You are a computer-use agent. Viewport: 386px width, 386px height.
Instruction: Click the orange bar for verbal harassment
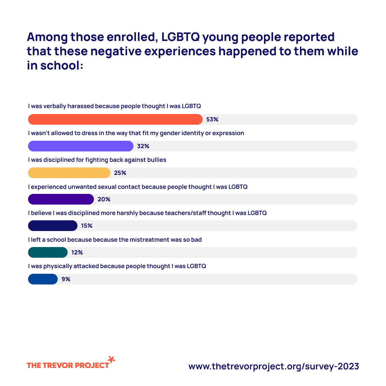[115, 119]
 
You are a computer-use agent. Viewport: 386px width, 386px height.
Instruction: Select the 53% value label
[212, 119]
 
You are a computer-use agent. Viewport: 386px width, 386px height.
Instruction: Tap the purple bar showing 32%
[80, 146]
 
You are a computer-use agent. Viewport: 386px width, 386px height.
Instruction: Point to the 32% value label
[143, 146]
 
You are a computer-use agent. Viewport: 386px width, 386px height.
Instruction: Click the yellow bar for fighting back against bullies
[69, 173]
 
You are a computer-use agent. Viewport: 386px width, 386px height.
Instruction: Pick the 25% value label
[120, 173]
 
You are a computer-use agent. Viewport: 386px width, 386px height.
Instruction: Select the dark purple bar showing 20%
[61, 199]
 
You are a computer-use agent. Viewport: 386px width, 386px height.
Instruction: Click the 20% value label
[104, 199]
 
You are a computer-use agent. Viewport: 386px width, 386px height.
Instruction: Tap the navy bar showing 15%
[53, 226]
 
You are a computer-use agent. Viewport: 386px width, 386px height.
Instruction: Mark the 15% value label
[87, 226]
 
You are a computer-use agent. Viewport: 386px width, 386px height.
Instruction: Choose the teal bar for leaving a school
[48, 252]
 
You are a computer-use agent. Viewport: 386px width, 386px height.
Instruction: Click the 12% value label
[77, 252]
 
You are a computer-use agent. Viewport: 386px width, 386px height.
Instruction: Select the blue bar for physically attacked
[43, 279]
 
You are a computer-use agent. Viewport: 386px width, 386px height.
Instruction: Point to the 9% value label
[66, 279]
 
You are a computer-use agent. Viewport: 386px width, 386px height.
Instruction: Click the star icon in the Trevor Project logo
[111, 359]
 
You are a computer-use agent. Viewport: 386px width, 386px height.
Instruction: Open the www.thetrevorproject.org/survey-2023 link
[273, 366]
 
